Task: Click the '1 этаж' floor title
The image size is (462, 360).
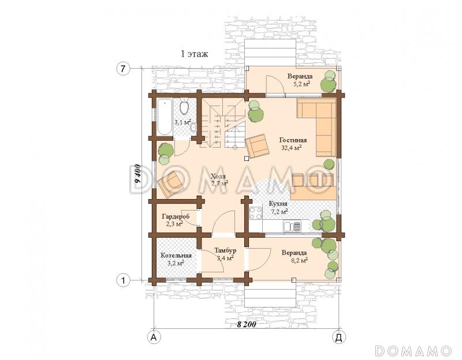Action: [x=194, y=54]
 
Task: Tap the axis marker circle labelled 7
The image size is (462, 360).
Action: [x=123, y=69]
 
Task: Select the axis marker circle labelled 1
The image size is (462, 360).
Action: [x=123, y=280]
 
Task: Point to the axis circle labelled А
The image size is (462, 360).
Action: [x=154, y=337]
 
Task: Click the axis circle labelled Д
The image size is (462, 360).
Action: [x=339, y=337]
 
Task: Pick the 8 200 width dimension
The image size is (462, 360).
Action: [x=247, y=324]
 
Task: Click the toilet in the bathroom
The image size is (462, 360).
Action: [x=184, y=108]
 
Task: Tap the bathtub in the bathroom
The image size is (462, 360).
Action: [x=164, y=117]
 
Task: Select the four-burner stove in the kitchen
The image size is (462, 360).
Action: [x=255, y=213]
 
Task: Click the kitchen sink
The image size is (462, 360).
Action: [x=292, y=226]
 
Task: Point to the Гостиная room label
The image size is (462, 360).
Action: [x=293, y=140]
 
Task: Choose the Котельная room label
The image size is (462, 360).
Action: [x=176, y=256]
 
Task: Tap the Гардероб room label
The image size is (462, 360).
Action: [x=176, y=217]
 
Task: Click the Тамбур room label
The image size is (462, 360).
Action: [x=225, y=250]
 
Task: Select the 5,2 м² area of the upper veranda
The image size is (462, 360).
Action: [x=301, y=84]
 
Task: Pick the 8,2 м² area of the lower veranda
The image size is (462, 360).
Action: [x=299, y=260]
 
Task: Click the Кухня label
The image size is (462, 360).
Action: [x=278, y=204]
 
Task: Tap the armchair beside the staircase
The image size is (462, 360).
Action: [x=257, y=146]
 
